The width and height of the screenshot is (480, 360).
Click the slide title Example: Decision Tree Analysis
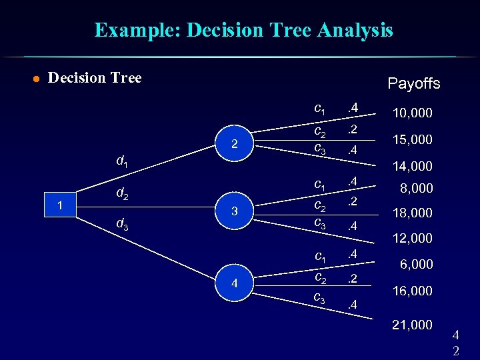click(243, 30)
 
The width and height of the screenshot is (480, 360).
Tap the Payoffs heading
click(414, 83)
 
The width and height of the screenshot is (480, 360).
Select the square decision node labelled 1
click(60, 206)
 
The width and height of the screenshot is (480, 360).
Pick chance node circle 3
click(234, 211)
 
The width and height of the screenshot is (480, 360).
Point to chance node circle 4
click(234, 283)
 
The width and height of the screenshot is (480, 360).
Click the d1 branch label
click(123, 161)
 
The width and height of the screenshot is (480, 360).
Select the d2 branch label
click(123, 194)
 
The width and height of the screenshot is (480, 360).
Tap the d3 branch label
click(123, 225)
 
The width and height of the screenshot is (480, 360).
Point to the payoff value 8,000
click(416, 188)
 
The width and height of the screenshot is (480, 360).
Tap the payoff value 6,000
click(416, 264)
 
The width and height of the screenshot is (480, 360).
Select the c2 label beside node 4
click(320, 277)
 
